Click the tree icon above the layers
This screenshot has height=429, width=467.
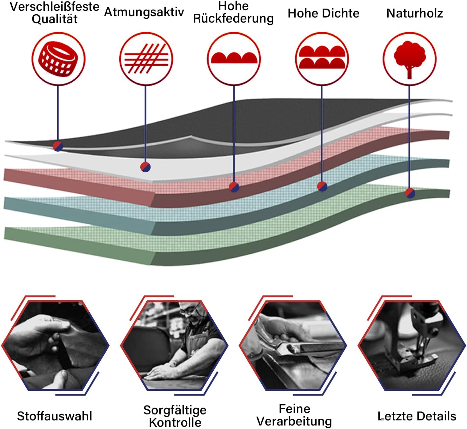pos(410,59)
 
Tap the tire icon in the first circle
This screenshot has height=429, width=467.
pos(58,59)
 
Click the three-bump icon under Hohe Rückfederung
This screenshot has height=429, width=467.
pos(234,58)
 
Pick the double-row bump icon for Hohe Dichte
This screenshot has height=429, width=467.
pos(322,57)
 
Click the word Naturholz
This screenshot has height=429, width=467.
pos(415,13)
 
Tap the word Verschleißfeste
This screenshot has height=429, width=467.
pos(55,7)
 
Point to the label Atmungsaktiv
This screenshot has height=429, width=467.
pos(144,12)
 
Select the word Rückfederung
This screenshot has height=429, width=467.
pos(233,18)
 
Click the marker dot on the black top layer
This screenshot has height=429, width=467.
pos(58,146)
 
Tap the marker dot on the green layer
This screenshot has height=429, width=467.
pos(410,193)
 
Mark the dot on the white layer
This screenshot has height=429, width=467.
pos(145,167)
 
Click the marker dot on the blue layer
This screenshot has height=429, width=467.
pos(322,186)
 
